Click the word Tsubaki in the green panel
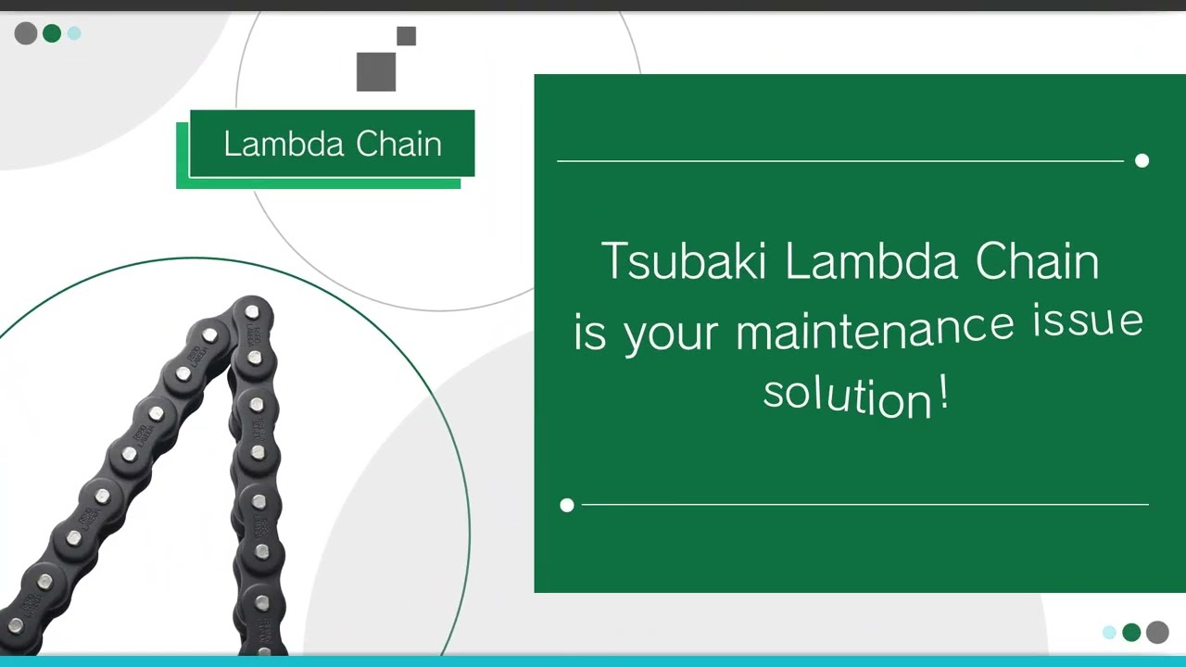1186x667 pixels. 684,261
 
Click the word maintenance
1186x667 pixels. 875,328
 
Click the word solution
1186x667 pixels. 847,395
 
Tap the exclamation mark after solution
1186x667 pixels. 943,394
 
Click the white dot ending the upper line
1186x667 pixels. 1142,161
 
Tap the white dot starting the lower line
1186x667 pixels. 567,505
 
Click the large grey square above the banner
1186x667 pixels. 376,72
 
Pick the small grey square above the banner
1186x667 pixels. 406,36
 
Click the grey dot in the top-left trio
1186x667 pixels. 26,33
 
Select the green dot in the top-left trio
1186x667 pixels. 52,33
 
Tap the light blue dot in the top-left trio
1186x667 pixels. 74,33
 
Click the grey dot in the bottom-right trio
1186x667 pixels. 1157,632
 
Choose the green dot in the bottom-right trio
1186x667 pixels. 1131,632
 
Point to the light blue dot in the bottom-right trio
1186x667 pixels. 1109,632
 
